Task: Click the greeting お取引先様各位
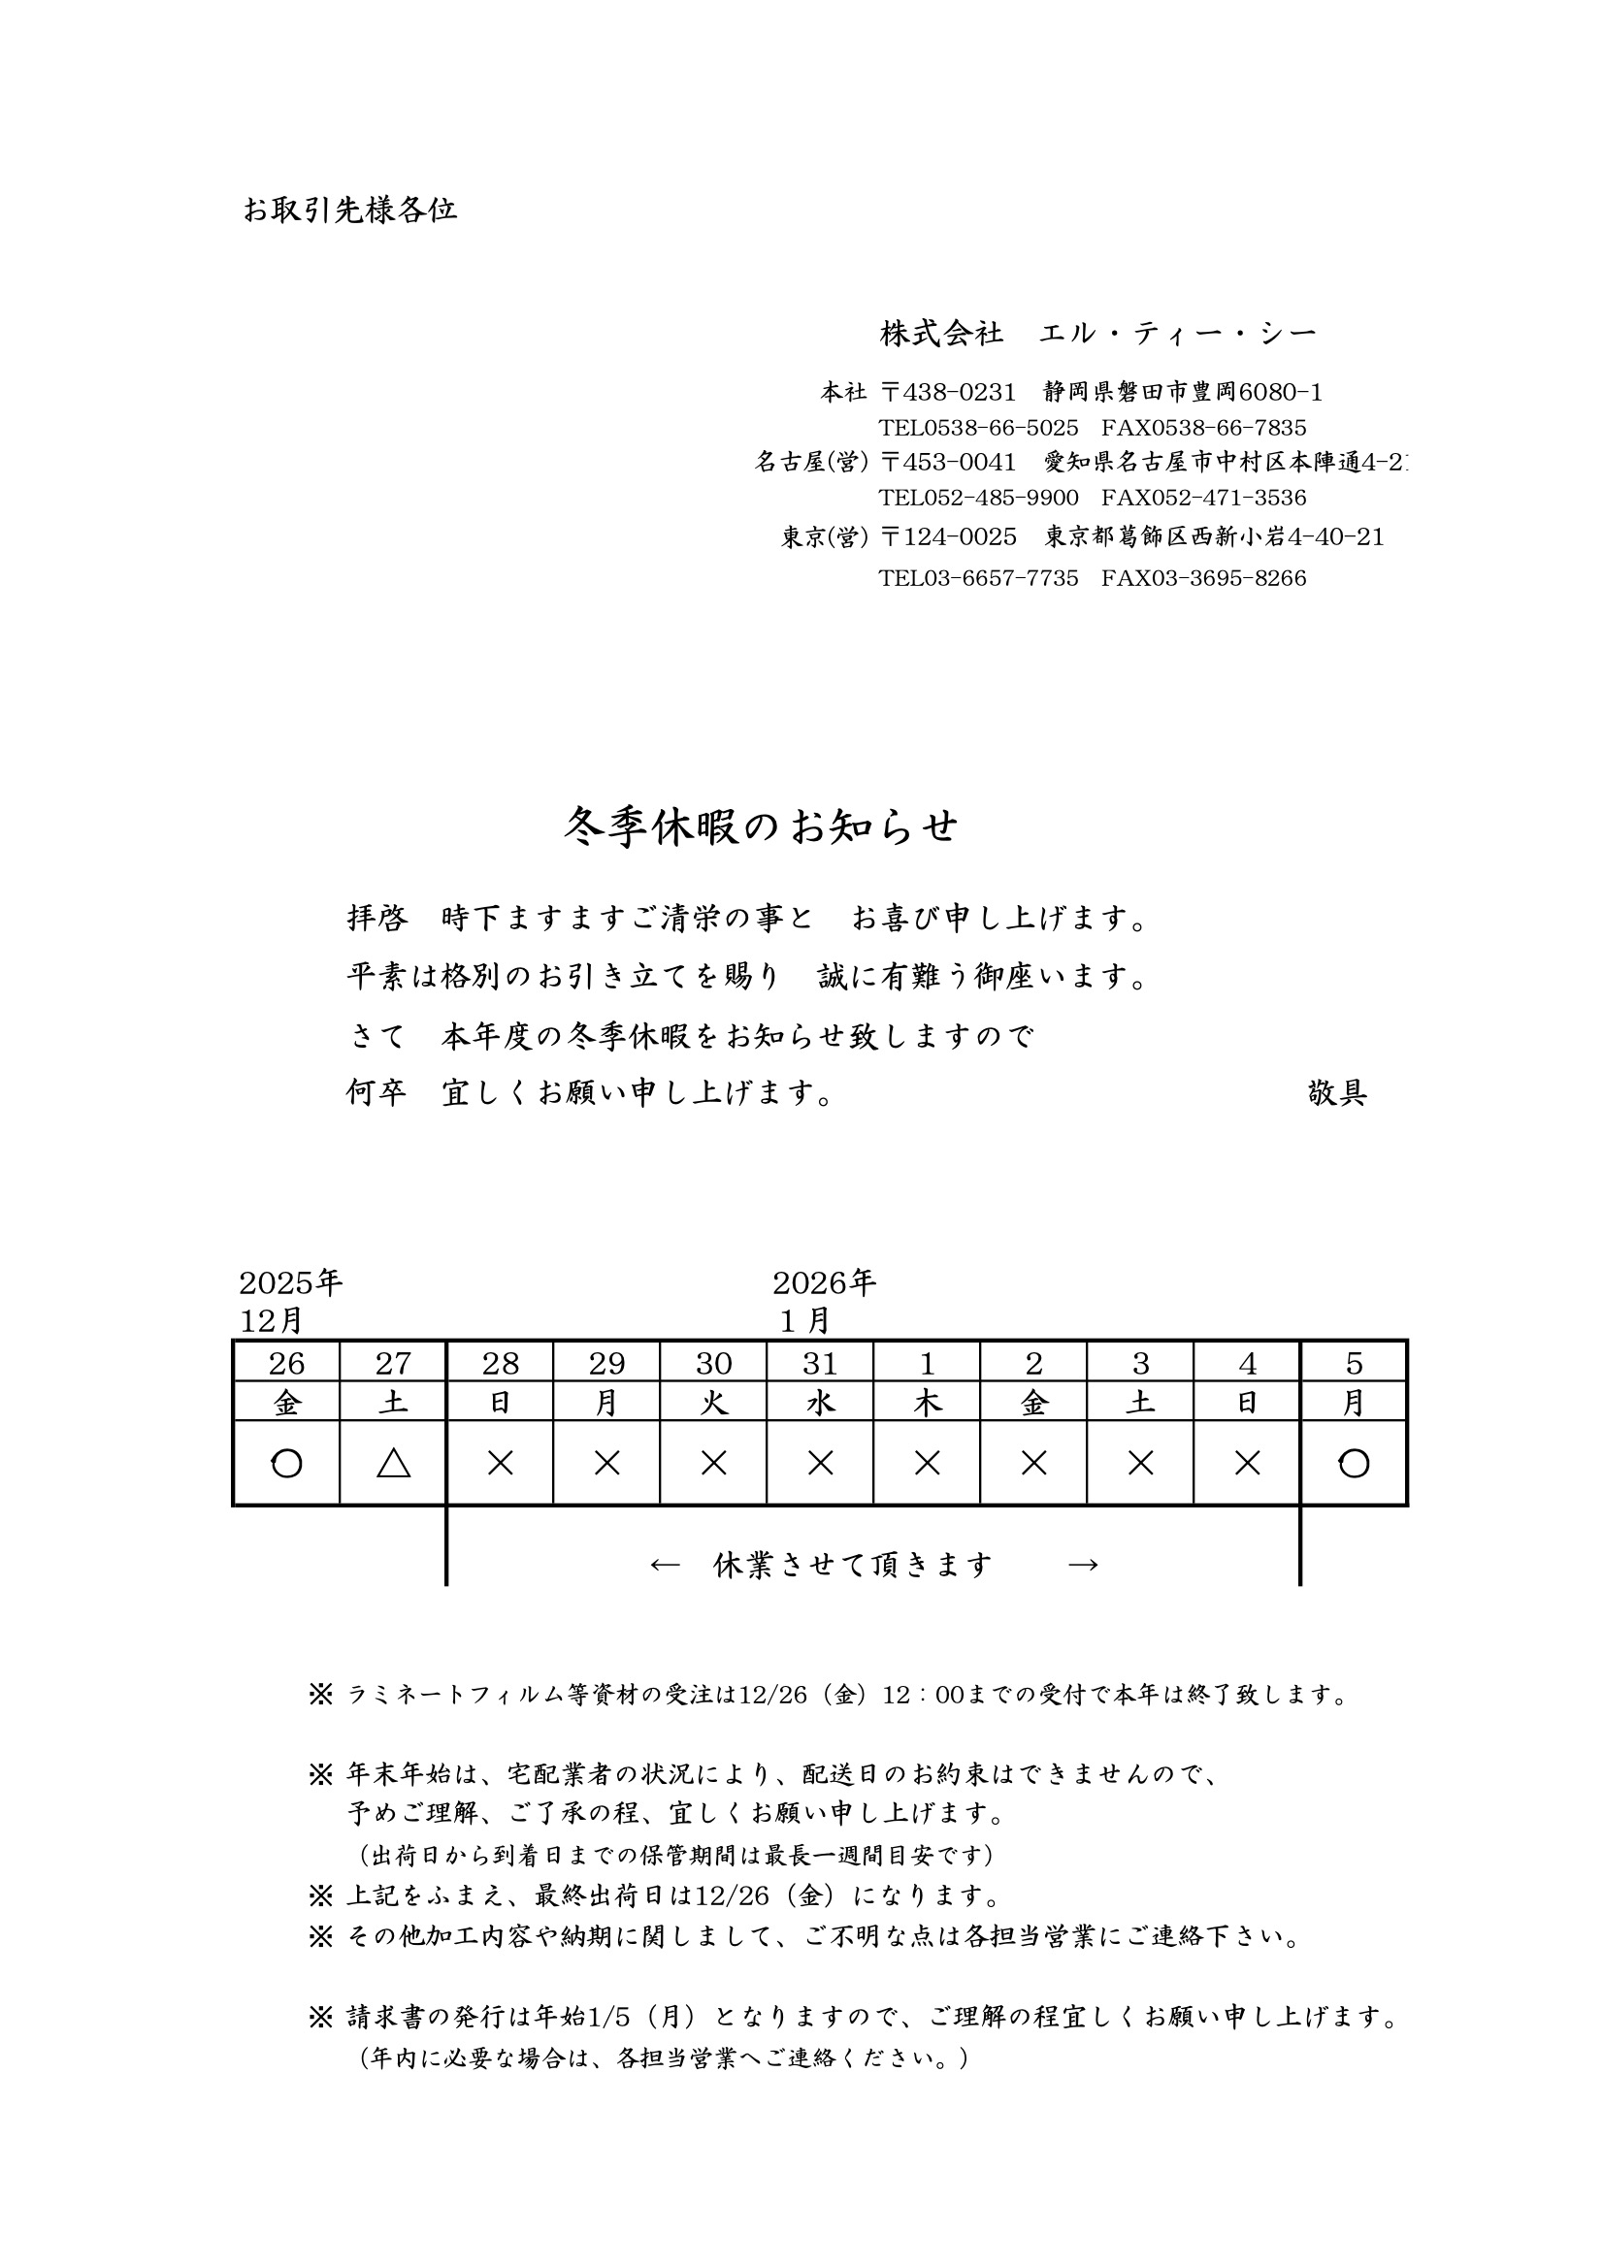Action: click(349, 211)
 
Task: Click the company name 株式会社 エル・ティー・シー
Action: click(1098, 334)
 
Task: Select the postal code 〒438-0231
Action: click(947, 393)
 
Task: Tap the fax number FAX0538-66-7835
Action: click(1203, 429)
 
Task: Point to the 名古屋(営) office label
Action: click(811, 462)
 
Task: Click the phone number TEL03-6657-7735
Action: click(978, 578)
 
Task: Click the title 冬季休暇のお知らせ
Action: click(761, 826)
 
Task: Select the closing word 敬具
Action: click(1336, 1093)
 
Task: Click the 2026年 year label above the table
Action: click(824, 1283)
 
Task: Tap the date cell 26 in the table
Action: click(286, 1364)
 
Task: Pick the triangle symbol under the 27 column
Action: click(393, 1463)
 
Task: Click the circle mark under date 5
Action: click(1353, 1463)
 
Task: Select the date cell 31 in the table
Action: click(820, 1364)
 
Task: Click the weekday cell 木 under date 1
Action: click(927, 1403)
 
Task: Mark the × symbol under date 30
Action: click(713, 1463)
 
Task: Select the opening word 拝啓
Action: click(377, 920)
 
